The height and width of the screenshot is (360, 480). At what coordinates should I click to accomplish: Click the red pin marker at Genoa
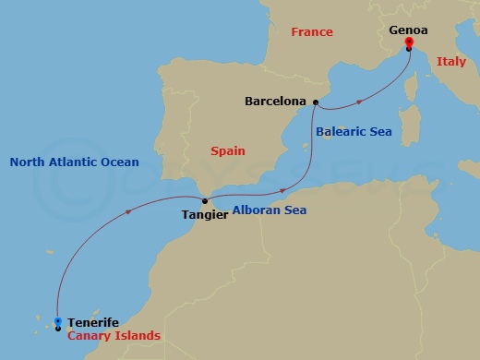click(x=408, y=42)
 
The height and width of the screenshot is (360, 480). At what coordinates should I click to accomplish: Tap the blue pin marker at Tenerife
click(x=58, y=322)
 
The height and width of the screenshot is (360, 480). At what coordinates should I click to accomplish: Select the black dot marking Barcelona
click(x=316, y=102)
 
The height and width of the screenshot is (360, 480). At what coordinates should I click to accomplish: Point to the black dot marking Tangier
click(x=204, y=200)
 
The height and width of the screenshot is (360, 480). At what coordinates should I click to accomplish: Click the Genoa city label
click(x=408, y=30)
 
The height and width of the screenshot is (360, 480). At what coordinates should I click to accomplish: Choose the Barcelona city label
click(x=276, y=102)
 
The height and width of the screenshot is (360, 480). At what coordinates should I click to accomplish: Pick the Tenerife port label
click(x=93, y=322)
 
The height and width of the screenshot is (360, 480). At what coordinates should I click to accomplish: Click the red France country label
click(x=311, y=32)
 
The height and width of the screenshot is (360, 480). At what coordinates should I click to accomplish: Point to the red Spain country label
click(x=227, y=149)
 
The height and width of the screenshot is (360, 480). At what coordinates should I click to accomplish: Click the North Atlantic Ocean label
click(x=74, y=162)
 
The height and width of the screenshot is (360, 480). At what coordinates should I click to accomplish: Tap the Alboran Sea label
click(x=270, y=210)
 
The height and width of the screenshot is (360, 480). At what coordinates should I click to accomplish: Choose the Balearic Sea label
click(x=354, y=132)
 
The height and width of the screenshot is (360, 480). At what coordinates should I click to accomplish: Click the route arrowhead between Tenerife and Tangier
click(x=126, y=212)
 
